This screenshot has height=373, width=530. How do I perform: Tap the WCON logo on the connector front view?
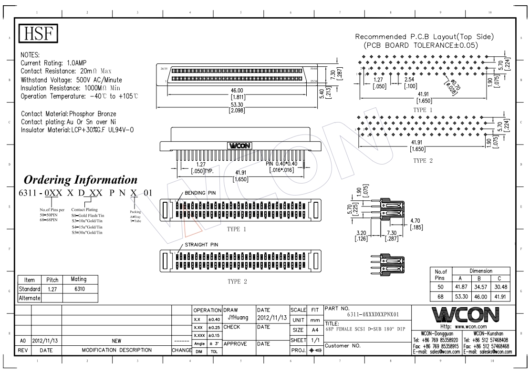240,145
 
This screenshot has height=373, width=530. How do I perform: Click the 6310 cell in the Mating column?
79,289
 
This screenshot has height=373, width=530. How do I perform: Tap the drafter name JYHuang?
237,316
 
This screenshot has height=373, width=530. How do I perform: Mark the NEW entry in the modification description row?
116,342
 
